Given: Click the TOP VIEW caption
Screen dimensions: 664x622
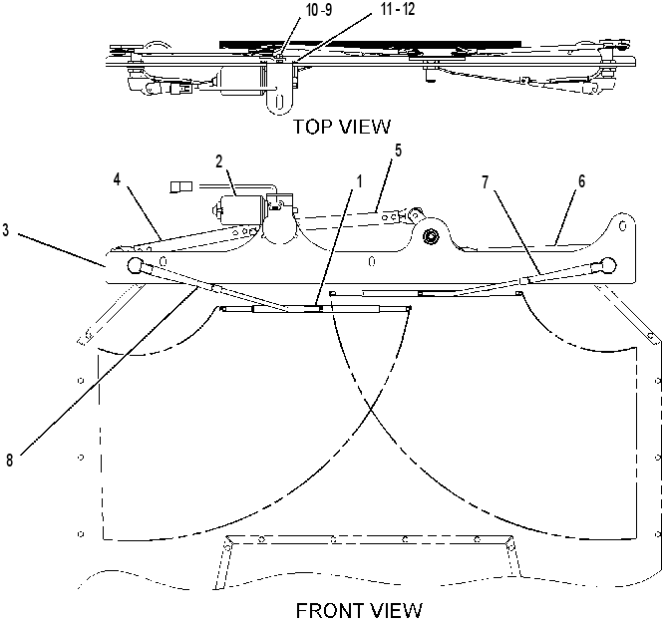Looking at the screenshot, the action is coord(342,127).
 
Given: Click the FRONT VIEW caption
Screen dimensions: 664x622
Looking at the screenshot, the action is coord(359,611).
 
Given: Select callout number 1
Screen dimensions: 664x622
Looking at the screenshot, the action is coord(360,182).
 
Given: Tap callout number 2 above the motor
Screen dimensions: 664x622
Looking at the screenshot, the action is coord(219,161).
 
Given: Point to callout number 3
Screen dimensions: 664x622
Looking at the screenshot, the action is coord(6,231).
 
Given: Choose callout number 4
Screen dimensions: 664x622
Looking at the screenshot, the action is coord(117,179).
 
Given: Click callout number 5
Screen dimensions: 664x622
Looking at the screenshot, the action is coord(398,151).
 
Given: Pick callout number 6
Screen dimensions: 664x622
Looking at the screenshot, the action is coord(582,181).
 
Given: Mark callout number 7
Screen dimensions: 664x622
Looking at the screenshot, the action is coord(486,182).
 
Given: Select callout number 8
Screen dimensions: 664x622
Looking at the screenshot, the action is coord(10,460).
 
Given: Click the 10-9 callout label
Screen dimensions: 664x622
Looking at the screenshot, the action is coord(319,11).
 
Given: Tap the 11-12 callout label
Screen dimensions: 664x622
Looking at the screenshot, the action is coord(398,9).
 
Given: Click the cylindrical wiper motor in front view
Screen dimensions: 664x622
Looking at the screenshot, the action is coord(239,209).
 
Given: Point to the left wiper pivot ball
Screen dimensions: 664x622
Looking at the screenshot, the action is coord(135,265).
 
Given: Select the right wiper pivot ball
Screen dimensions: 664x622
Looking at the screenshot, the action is coord(609,264).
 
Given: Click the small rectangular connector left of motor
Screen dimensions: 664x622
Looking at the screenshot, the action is coord(180,186).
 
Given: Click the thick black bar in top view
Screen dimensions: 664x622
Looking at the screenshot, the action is coord(370,44).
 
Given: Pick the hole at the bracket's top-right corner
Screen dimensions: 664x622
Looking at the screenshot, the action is coord(622,226).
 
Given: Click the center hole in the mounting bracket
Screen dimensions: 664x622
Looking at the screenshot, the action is coord(372,261).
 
